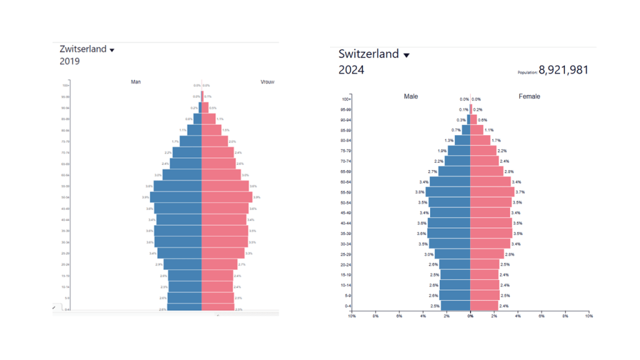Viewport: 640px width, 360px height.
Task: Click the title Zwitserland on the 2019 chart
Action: tap(83, 49)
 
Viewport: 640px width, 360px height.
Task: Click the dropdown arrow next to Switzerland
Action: tap(406, 55)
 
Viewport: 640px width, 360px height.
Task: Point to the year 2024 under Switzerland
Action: tap(351, 70)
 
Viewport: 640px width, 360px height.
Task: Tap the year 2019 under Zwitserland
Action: tap(70, 61)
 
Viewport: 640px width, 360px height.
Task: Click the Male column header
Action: tap(411, 96)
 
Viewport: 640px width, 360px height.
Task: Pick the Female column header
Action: tap(529, 96)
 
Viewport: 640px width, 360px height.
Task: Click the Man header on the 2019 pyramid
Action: tap(136, 82)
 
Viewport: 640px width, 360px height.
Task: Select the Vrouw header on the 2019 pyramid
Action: tap(267, 82)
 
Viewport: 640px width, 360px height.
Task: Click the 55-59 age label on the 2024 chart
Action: tap(346, 192)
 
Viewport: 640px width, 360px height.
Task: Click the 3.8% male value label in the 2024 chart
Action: tap(420, 192)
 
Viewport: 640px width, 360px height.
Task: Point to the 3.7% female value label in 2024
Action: tap(520, 192)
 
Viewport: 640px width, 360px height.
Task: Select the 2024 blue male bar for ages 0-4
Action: tap(455, 306)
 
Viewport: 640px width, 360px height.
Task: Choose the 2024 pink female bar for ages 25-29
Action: tap(487, 254)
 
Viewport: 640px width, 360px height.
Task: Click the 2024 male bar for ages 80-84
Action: tap(462, 140)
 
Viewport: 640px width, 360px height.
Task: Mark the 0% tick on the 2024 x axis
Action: tap(470, 316)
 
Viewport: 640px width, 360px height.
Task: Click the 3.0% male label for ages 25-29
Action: tap(429, 254)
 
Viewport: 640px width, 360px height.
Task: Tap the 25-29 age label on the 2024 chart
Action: tap(346, 254)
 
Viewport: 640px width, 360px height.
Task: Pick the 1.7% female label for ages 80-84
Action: tap(496, 140)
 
